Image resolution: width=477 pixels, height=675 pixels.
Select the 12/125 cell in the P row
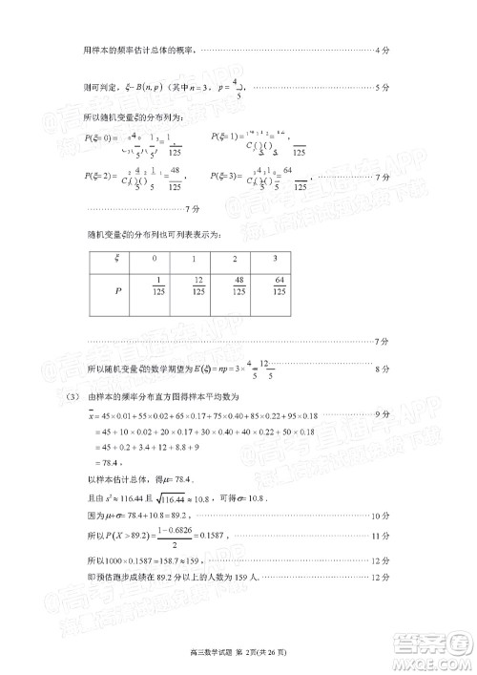click(x=197, y=287)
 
